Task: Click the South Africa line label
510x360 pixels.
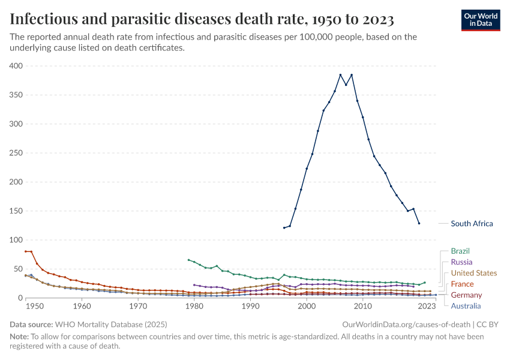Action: click(x=472, y=224)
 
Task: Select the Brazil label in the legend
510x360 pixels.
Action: click(x=460, y=251)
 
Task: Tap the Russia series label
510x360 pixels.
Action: click(x=461, y=262)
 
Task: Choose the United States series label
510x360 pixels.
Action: click(x=474, y=273)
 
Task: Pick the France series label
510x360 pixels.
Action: click(x=462, y=284)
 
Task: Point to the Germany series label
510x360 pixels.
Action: click(x=466, y=295)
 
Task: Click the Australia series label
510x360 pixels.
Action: click(x=466, y=306)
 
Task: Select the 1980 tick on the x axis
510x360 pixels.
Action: click(x=194, y=307)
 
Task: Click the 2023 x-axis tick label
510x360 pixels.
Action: click(x=427, y=307)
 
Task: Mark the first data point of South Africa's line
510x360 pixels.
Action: click(x=284, y=228)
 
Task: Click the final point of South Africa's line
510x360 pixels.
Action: click(x=419, y=223)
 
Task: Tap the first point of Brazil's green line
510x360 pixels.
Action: click(x=188, y=260)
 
